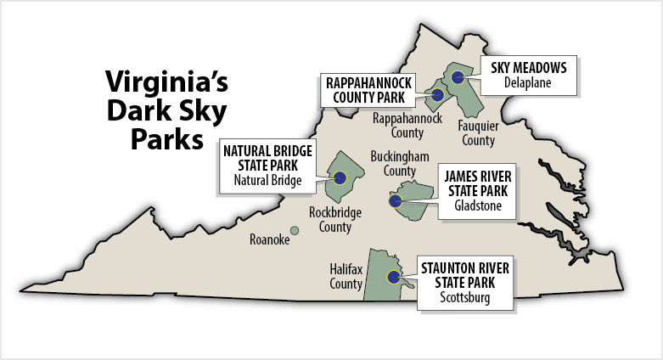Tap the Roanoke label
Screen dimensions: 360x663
click(x=269, y=240)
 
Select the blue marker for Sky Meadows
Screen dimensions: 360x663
click(x=458, y=77)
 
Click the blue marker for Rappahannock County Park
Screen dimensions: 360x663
click(x=437, y=95)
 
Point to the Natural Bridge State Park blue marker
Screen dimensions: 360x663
click(x=340, y=177)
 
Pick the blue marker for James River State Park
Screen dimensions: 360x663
click(x=395, y=201)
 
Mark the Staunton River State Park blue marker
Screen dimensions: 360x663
click(x=393, y=276)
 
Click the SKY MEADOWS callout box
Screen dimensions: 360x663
click(x=529, y=75)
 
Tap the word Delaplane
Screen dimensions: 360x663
click(x=529, y=83)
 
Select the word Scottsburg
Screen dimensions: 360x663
click(x=464, y=297)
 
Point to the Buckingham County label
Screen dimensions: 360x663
click(x=399, y=164)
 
